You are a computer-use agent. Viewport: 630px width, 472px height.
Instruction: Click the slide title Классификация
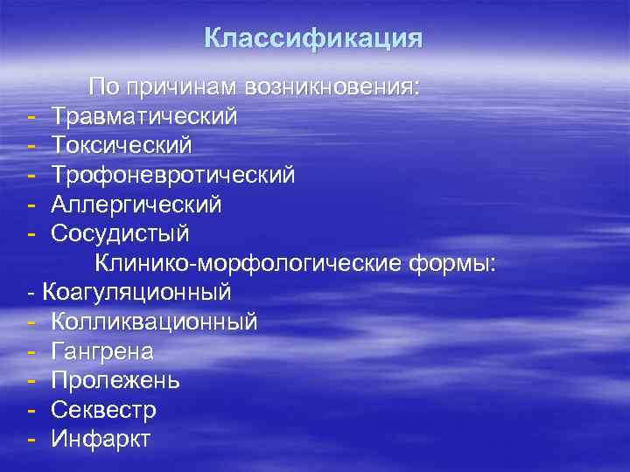(313, 39)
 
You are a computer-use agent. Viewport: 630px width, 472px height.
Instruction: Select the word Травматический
(144, 115)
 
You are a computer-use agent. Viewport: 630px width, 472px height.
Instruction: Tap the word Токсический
(121, 145)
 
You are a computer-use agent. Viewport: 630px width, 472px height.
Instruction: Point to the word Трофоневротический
(173, 175)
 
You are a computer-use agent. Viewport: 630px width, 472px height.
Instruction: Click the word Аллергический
(136, 205)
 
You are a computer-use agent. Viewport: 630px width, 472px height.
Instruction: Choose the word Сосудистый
(120, 234)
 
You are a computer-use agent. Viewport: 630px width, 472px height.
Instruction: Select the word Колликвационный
(155, 322)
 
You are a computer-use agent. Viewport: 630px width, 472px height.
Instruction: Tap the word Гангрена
(102, 351)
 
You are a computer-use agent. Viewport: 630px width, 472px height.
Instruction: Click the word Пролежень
(115, 381)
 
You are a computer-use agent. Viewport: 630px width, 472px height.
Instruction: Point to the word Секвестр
(104, 410)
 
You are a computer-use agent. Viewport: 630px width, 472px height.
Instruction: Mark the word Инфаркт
(101, 439)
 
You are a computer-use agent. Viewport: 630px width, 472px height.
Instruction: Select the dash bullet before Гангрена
(31, 352)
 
